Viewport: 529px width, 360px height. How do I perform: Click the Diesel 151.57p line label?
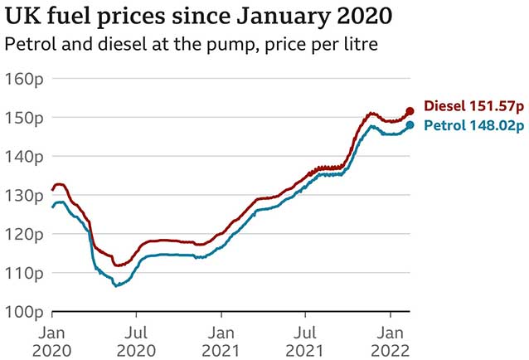[473, 106]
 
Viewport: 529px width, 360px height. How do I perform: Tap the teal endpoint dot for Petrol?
[410, 125]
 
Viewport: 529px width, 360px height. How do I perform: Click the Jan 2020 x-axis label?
[52, 340]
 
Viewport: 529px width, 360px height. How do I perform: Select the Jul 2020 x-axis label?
[137, 340]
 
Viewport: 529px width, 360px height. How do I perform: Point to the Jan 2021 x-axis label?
[221, 340]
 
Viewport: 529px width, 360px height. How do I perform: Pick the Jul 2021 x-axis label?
[306, 340]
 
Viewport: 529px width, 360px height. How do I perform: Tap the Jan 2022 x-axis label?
[391, 340]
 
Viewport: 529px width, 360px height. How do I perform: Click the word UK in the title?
[21, 17]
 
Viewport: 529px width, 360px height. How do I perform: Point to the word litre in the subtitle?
[359, 43]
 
